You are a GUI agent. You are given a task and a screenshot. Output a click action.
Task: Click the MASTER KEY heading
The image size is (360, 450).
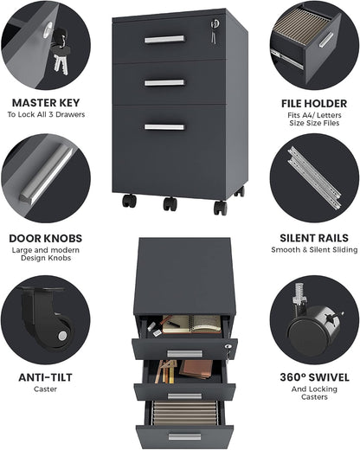[46, 103]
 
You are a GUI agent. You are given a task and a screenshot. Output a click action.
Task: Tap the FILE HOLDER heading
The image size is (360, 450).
[314, 104]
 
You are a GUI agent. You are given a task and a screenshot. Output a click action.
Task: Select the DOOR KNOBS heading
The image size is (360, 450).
[46, 238]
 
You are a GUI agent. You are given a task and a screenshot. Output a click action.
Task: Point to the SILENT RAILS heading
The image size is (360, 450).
[314, 238]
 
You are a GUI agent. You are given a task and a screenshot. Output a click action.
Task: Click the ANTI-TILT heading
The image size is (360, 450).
[45, 377]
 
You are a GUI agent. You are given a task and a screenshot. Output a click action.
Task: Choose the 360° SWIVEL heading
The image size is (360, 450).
[314, 377]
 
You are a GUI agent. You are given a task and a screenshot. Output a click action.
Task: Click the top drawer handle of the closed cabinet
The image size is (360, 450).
[164, 39]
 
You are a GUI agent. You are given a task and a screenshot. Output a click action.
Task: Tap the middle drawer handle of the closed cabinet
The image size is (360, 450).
[164, 83]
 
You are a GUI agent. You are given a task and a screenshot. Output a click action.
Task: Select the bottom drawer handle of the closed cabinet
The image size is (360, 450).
[164, 127]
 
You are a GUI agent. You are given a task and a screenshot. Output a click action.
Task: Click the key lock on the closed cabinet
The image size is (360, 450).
[215, 23]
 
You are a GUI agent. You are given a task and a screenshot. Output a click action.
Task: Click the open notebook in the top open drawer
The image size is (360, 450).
[191, 324]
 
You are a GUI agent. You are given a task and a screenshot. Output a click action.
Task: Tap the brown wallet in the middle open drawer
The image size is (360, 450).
[196, 369]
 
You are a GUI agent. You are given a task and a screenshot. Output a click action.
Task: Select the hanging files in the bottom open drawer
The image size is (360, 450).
[185, 413]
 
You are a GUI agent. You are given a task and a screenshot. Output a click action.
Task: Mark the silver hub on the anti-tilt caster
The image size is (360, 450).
[62, 336]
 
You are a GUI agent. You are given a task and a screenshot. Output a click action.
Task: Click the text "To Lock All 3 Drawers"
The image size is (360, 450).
[46, 114]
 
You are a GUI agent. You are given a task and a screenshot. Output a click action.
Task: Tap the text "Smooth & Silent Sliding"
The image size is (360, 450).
[314, 250]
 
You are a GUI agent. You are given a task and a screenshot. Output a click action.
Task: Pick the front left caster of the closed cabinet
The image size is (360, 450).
[129, 201]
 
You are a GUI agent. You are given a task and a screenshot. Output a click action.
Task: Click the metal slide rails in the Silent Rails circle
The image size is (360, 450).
[314, 177]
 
